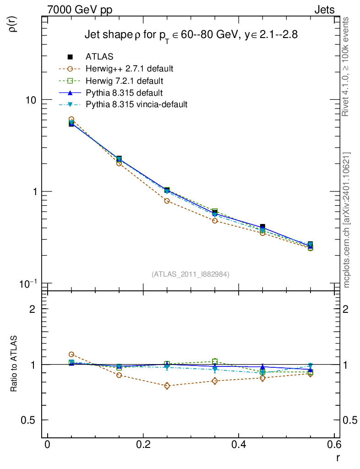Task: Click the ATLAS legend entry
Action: pos(99,57)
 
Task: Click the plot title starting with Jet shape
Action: pos(191,35)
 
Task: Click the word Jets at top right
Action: pos(324,10)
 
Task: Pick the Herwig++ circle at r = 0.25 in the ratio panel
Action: pos(167,386)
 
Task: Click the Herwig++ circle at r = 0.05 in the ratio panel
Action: pos(71,354)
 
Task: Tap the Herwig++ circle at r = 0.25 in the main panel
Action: pos(167,201)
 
